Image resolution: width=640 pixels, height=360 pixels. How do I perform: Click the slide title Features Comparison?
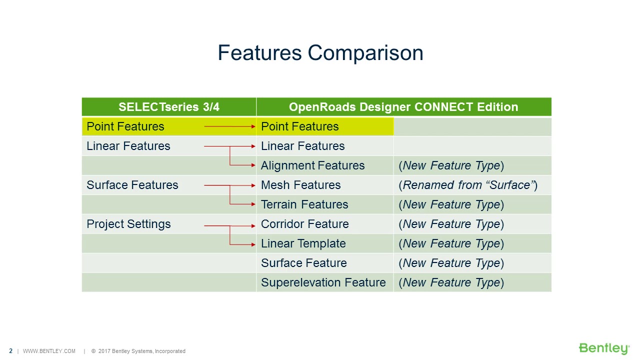(x=320, y=53)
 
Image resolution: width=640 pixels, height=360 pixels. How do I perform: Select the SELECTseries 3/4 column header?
(x=168, y=107)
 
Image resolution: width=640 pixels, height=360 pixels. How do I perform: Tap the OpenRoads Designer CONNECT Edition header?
(x=403, y=107)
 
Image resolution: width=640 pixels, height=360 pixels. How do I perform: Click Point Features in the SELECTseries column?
(x=125, y=126)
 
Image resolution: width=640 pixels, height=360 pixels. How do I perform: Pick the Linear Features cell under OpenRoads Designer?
(x=302, y=146)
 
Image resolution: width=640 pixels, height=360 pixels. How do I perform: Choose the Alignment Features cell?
(x=312, y=165)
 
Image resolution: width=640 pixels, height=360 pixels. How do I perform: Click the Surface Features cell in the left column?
(x=132, y=185)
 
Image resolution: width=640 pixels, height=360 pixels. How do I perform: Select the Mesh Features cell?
(x=300, y=185)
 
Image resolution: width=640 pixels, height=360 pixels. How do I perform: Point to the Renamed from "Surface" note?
(x=467, y=185)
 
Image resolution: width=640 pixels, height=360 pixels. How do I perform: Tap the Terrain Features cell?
(x=304, y=204)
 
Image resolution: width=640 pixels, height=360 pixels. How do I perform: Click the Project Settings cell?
(x=128, y=224)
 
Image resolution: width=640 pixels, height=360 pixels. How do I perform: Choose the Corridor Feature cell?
(x=304, y=224)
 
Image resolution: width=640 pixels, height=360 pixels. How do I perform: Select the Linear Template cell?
(x=303, y=243)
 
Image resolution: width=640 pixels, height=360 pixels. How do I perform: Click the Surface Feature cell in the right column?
(x=303, y=263)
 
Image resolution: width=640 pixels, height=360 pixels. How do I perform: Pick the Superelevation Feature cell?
(x=323, y=282)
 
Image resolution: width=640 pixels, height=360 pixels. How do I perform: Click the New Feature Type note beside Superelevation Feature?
(x=451, y=282)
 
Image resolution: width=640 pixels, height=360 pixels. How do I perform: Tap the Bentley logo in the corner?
(x=603, y=348)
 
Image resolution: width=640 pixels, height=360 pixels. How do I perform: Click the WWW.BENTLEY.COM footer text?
(x=49, y=351)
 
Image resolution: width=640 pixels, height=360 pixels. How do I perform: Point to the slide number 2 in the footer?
(x=11, y=351)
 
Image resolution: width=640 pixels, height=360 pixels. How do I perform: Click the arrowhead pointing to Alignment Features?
(x=253, y=165)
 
